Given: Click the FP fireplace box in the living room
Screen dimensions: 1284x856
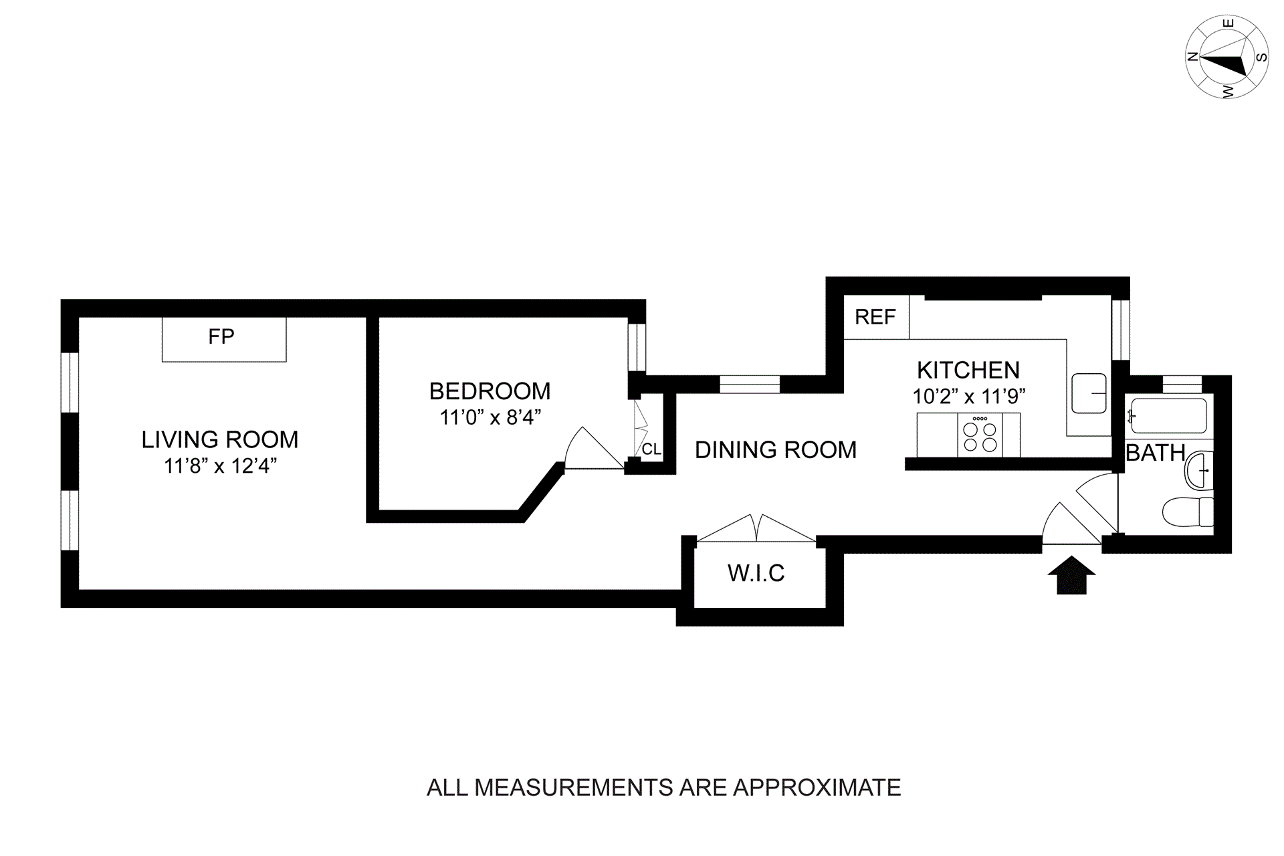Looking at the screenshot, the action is (224, 339).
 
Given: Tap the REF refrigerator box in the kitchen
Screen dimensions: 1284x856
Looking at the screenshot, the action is (875, 317).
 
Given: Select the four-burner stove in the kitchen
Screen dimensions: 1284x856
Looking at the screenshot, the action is (980, 435).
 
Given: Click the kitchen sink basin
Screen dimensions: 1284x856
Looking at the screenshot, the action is (1089, 393).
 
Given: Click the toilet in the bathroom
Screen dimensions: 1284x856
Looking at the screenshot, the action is (1188, 512).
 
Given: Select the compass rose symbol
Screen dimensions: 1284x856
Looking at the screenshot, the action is (1226, 58).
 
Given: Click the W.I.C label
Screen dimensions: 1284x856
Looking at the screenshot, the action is (756, 573).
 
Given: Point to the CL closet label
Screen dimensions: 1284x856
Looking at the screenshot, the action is (651, 449).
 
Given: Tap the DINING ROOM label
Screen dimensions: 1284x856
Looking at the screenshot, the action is (776, 450).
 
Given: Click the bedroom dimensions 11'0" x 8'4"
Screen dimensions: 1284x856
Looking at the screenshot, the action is (490, 418).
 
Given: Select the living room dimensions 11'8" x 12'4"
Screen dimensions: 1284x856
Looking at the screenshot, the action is (220, 466).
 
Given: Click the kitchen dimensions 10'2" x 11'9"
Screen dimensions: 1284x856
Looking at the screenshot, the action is (968, 397).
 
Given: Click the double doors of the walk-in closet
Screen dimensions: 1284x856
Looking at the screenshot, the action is (756, 528).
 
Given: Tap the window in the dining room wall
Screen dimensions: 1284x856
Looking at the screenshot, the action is (750, 385).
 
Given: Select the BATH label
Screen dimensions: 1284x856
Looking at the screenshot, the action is (1155, 453).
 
